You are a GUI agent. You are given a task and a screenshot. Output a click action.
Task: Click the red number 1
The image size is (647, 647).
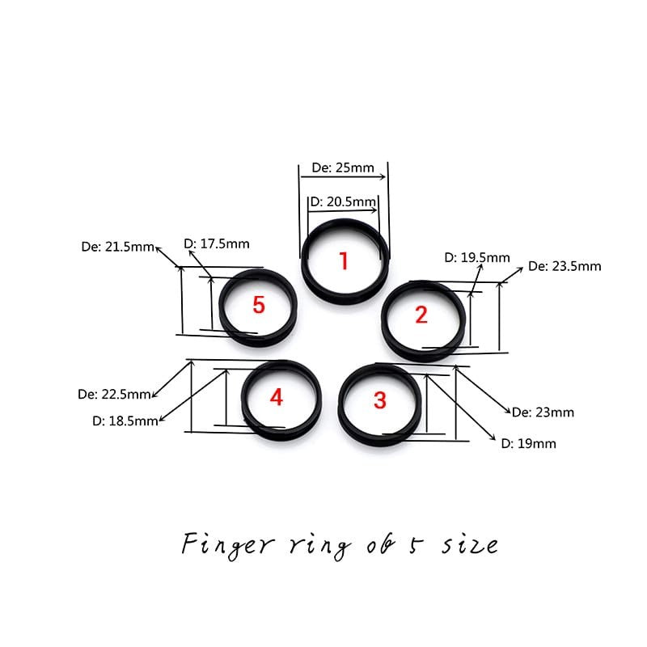click(x=344, y=261)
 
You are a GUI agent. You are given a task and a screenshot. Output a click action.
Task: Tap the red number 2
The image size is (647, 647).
click(x=421, y=315)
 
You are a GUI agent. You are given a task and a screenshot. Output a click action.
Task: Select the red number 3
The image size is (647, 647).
click(x=380, y=400)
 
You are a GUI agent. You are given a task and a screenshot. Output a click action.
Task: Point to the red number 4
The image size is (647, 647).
click(x=277, y=398)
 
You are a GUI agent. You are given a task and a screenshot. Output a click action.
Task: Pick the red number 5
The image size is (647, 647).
click(x=259, y=306)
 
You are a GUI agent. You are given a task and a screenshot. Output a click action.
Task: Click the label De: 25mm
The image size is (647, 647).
click(x=343, y=168)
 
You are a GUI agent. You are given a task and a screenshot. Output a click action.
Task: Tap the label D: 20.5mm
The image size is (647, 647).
click(x=343, y=201)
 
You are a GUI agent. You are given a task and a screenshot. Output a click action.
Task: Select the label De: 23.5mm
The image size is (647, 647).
click(x=565, y=266)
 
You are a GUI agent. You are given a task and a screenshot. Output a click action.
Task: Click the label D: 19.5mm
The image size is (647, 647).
click(x=477, y=258)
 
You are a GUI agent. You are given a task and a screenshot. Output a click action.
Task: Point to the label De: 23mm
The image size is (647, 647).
click(x=543, y=412)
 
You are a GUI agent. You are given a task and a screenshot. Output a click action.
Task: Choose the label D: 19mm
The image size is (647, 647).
click(x=528, y=443)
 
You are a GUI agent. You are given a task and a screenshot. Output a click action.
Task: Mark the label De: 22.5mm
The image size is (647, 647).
click(x=114, y=395)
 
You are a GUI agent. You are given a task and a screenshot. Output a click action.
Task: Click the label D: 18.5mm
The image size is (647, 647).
click(x=125, y=421)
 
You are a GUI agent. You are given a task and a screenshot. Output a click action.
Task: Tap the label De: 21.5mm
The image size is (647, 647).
click(x=118, y=247)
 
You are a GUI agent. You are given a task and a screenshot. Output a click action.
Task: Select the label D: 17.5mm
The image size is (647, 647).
click(x=216, y=243)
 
